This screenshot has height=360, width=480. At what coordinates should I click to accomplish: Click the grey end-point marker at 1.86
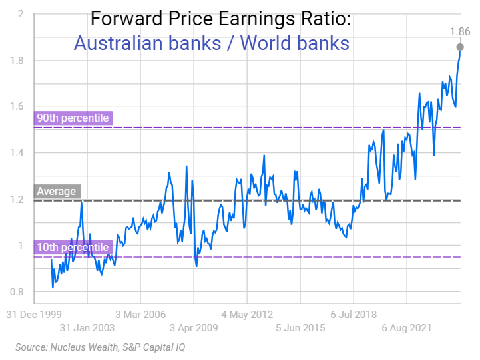(460, 47)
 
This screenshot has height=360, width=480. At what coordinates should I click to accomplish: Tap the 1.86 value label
(460, 31)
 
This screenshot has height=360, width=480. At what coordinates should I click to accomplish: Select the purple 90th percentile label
(73, 118)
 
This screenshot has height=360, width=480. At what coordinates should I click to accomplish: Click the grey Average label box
(57, 192)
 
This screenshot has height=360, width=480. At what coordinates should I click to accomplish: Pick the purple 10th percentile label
(73, 248)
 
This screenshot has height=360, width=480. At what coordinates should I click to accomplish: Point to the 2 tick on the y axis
(21, 14)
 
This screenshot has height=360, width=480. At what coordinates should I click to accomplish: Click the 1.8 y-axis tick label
(17, 61)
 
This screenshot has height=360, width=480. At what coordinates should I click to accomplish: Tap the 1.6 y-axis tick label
(17, 106)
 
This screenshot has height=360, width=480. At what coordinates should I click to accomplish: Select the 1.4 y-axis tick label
(17, 153)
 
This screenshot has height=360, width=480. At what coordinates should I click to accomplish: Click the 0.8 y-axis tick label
(17, 292)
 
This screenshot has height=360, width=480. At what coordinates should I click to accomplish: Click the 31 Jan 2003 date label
(87, 328)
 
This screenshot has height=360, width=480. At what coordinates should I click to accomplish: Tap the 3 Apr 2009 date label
(194, 328)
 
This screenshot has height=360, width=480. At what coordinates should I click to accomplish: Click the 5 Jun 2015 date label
(301, 328)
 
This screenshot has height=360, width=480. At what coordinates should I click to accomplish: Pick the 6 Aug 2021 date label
(407, 328)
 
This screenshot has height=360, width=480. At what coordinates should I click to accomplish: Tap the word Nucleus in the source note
(66, 347)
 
